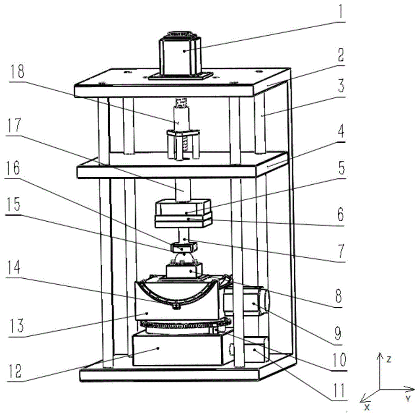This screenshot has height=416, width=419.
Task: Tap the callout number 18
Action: pyautogui.click(x=17, y=71)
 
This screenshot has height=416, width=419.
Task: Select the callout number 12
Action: pyautogui.click(x=15, y=372)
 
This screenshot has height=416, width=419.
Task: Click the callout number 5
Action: pyautogui.click(x=341, y=168)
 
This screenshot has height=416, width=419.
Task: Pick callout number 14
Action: pyautogui.click(x=13, y=267)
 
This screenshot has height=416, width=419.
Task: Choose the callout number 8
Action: pyautogui.click(x=338, y=296)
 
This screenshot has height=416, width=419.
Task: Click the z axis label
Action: pyautogui.click(x=389, y=359)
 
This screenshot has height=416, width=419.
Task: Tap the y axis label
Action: pyautogui.click(x=408, y=399)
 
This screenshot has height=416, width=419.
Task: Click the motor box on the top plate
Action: pyautogui.click(x=180, y=57)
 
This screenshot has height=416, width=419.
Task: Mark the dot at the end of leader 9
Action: pyautogui.click(x=253, y=303)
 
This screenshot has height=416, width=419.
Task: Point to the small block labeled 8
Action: pyautogui.click(x=184, y=270)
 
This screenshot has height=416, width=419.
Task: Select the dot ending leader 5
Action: pyautogui.click(x=186, y=213)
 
